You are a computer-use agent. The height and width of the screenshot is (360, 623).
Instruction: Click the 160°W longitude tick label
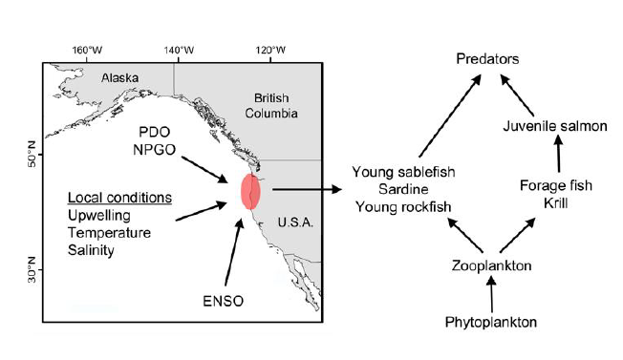87,51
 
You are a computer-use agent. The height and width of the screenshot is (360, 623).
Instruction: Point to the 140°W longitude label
180,51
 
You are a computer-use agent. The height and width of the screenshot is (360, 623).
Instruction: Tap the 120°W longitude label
270,51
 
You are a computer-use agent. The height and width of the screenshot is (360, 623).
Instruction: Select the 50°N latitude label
32,154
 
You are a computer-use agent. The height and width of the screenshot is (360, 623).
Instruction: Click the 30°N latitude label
32,270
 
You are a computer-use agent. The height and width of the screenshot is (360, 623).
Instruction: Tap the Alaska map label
120,77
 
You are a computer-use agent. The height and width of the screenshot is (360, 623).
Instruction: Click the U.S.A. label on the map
295,222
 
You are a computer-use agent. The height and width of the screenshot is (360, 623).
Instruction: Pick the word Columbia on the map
271,114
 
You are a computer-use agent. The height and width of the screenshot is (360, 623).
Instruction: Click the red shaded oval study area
250,192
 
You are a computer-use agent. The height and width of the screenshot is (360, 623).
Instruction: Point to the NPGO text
155,150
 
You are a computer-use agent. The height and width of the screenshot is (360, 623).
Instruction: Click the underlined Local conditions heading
120,198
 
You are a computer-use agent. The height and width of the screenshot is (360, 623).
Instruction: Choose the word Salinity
91,250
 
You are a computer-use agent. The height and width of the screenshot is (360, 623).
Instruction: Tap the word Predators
487,59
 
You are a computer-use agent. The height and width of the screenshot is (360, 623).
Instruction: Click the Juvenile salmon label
555,126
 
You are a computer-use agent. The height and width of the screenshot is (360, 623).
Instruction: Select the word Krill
556,203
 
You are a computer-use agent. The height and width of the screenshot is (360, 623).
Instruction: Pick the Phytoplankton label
491,322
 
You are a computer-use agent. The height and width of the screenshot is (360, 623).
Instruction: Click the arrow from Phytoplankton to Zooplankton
491,294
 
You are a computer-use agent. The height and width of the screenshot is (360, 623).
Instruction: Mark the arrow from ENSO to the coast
233,252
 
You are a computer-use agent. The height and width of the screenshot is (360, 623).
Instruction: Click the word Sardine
403,189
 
